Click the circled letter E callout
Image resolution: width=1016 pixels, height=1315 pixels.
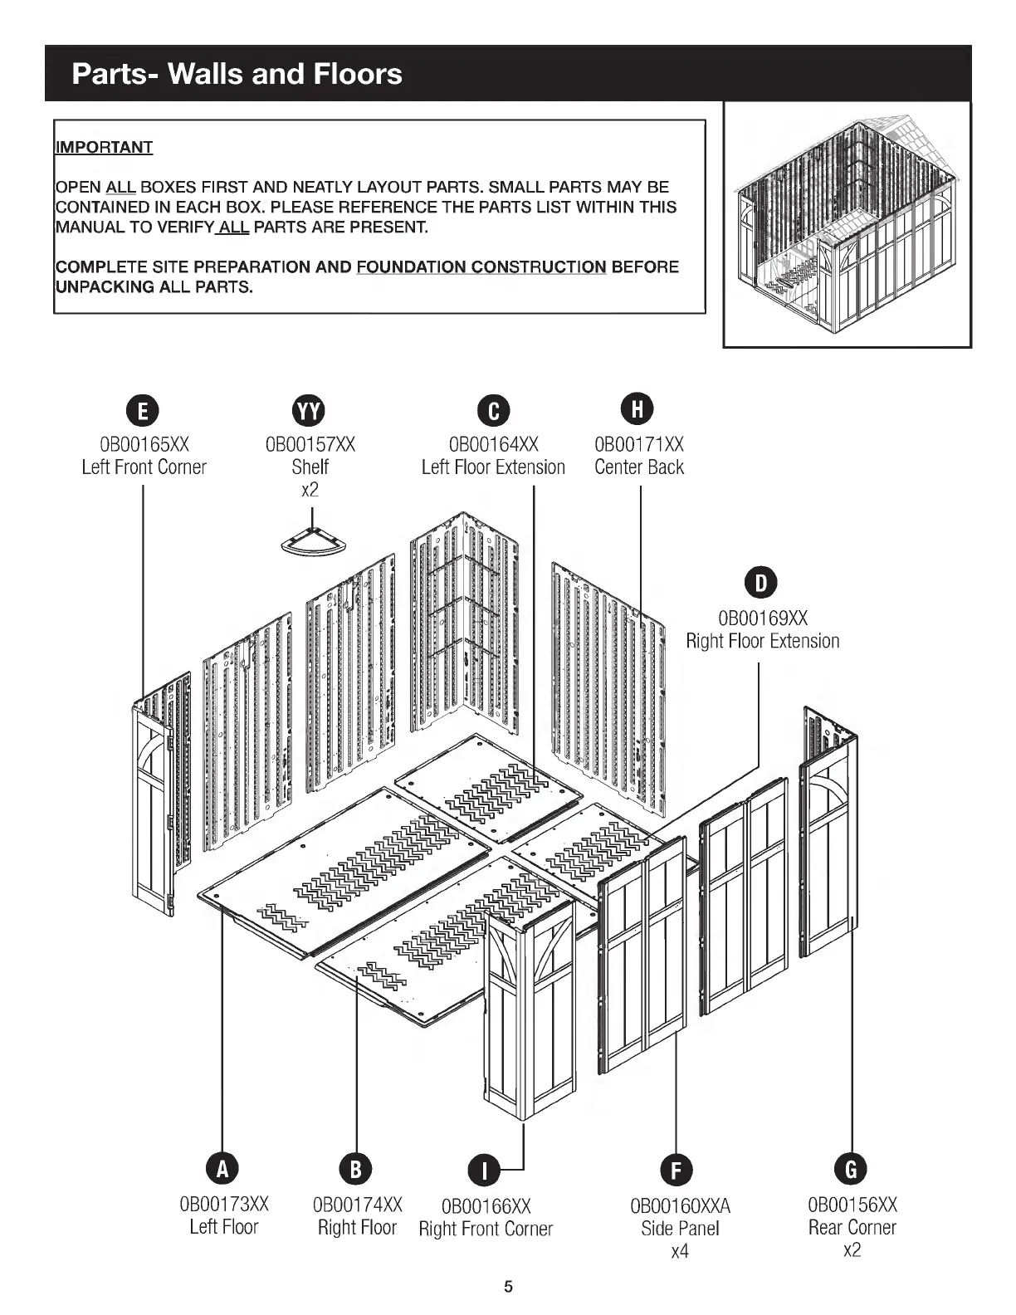pos(144,411)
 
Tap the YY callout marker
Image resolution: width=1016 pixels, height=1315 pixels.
pos(310,411)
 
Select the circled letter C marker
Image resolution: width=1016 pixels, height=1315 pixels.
pos(493,411)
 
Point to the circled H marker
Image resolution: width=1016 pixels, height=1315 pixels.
pos(638,408)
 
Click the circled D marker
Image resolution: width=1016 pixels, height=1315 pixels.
pos(761,583)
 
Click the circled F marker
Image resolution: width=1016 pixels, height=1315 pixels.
pos(677,1170)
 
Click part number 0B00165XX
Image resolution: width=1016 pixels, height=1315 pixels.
pos(144,445)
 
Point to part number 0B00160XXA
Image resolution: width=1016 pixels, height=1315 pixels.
pos(680,1205)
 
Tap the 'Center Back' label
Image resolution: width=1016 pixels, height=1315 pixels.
pos(639,467)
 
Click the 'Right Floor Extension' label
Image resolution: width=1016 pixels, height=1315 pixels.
pos(762,641)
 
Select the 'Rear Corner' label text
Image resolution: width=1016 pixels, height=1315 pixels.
pos(852,1227)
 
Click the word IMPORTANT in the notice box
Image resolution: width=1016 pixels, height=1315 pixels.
pos(104,148)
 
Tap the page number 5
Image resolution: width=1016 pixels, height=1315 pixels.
pos(509,1287)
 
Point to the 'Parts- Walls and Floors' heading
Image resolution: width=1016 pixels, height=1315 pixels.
pos(237,74)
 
